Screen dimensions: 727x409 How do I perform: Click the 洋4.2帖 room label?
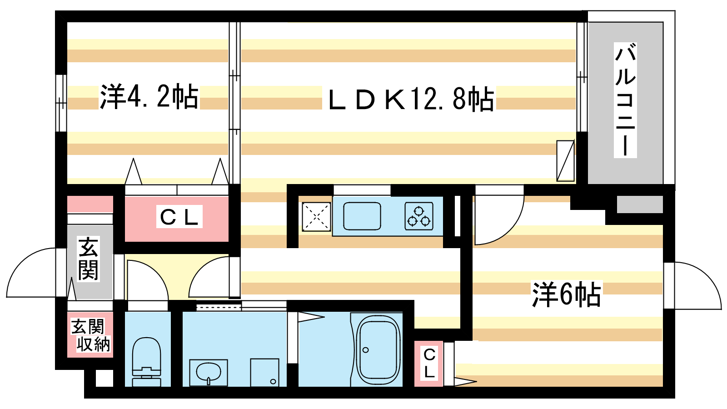pyautogui.click(x=149, y=97)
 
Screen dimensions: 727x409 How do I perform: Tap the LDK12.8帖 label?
pyautogui.click(x=411, y=99)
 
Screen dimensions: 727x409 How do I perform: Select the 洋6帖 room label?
pyautogui.click(x=566, y=295)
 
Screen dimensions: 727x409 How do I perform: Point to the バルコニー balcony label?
pyautogui.click(x=625, y=100)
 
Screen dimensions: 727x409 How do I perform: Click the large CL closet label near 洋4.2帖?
pyautogui.click(x=179, y=217)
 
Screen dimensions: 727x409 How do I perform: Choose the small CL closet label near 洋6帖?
pyautogui.click(x=429, y=363)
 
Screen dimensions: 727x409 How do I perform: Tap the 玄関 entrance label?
pyautogui.click(x=89, y=259)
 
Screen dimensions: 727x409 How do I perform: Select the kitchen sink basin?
pyautogui.click(x=362, y=216)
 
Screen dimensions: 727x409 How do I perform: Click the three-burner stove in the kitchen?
pyautogui.click(x=419, y=216)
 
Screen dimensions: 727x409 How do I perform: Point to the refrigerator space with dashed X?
pyautogui.click(x=316, y=216)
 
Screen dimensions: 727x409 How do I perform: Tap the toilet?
pyautogui.click(x=147, y=362)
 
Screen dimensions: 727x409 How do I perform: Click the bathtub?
pyautogui.click(x=378, y=349)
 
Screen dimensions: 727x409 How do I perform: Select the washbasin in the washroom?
pyautogui.click(x=209, y=372)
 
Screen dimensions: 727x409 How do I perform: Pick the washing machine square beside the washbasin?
pyautogui.click(x=264, y=372)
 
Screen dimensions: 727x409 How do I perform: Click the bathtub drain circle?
pyautogui.click(x=366, y=350)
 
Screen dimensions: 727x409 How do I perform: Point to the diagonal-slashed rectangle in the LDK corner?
pyautogui.click(x=565, y=161)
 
